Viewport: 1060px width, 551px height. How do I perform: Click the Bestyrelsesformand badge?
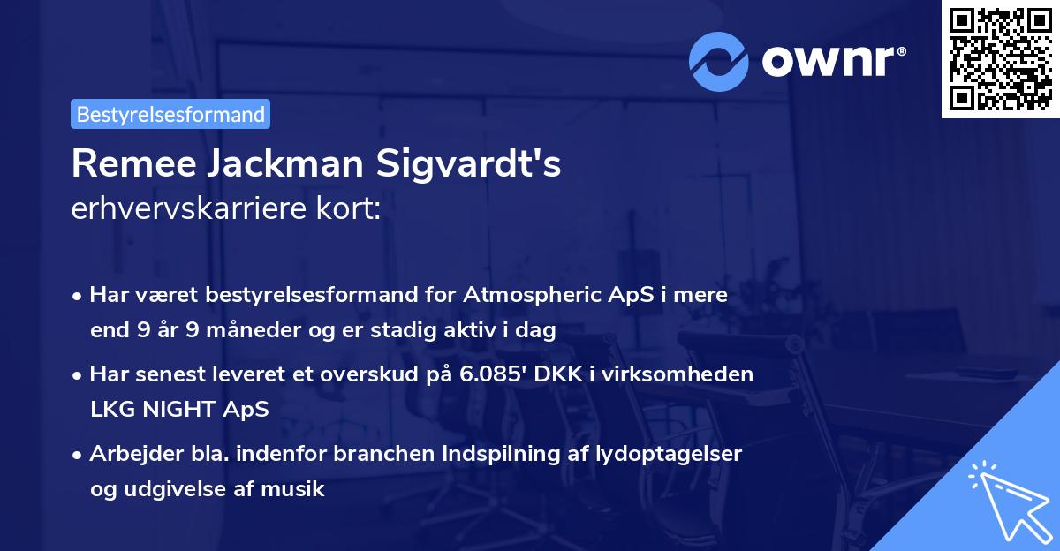(170, 114)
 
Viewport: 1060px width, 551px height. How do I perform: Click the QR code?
(1001, 59)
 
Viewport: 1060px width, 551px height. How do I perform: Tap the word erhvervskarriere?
(184, 210)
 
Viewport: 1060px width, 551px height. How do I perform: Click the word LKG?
(110, 410)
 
